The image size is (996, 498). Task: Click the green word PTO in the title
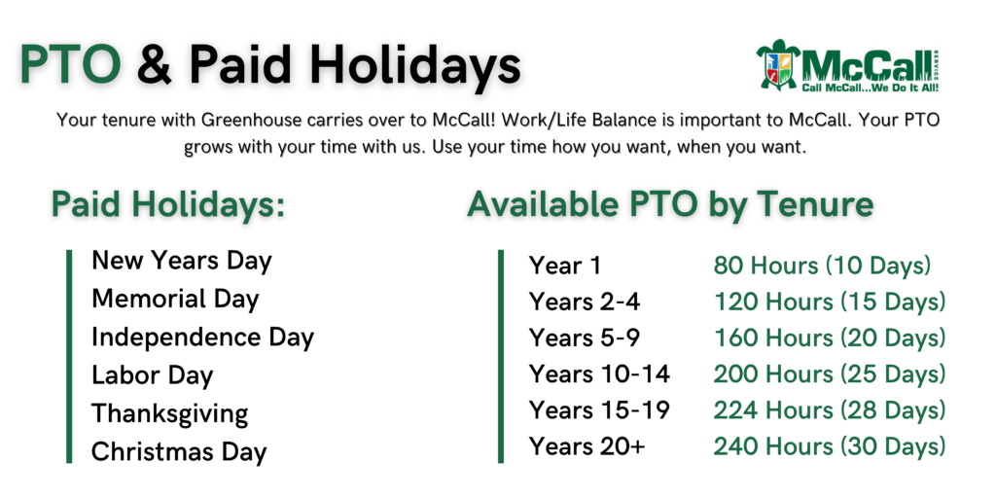pos(70,65)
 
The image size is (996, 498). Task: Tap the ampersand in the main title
pos(155,65)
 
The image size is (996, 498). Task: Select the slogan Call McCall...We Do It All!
pos(870,88)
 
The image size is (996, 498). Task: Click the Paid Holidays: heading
pos(167,204)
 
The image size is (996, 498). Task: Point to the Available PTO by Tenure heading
pos(670,204)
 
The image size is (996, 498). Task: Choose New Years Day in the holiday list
pos(182,261)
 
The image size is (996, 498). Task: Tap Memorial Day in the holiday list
pos(175,300)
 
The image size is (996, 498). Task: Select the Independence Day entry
pos(202,338)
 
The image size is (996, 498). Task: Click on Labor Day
pos(153,375)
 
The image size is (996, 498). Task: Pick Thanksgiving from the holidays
pos(169,414)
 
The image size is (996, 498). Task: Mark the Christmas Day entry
pos(179,452)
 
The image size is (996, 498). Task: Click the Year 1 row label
pos(565,266)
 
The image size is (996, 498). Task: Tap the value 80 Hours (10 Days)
pos(822,266)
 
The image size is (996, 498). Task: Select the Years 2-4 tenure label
pos(585,302)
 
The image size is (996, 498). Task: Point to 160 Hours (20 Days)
pos(830,338)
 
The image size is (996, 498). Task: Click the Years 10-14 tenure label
pos(599,374)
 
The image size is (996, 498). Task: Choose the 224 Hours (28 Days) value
pos(830,410)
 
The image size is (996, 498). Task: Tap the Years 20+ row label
pos(587,446)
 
